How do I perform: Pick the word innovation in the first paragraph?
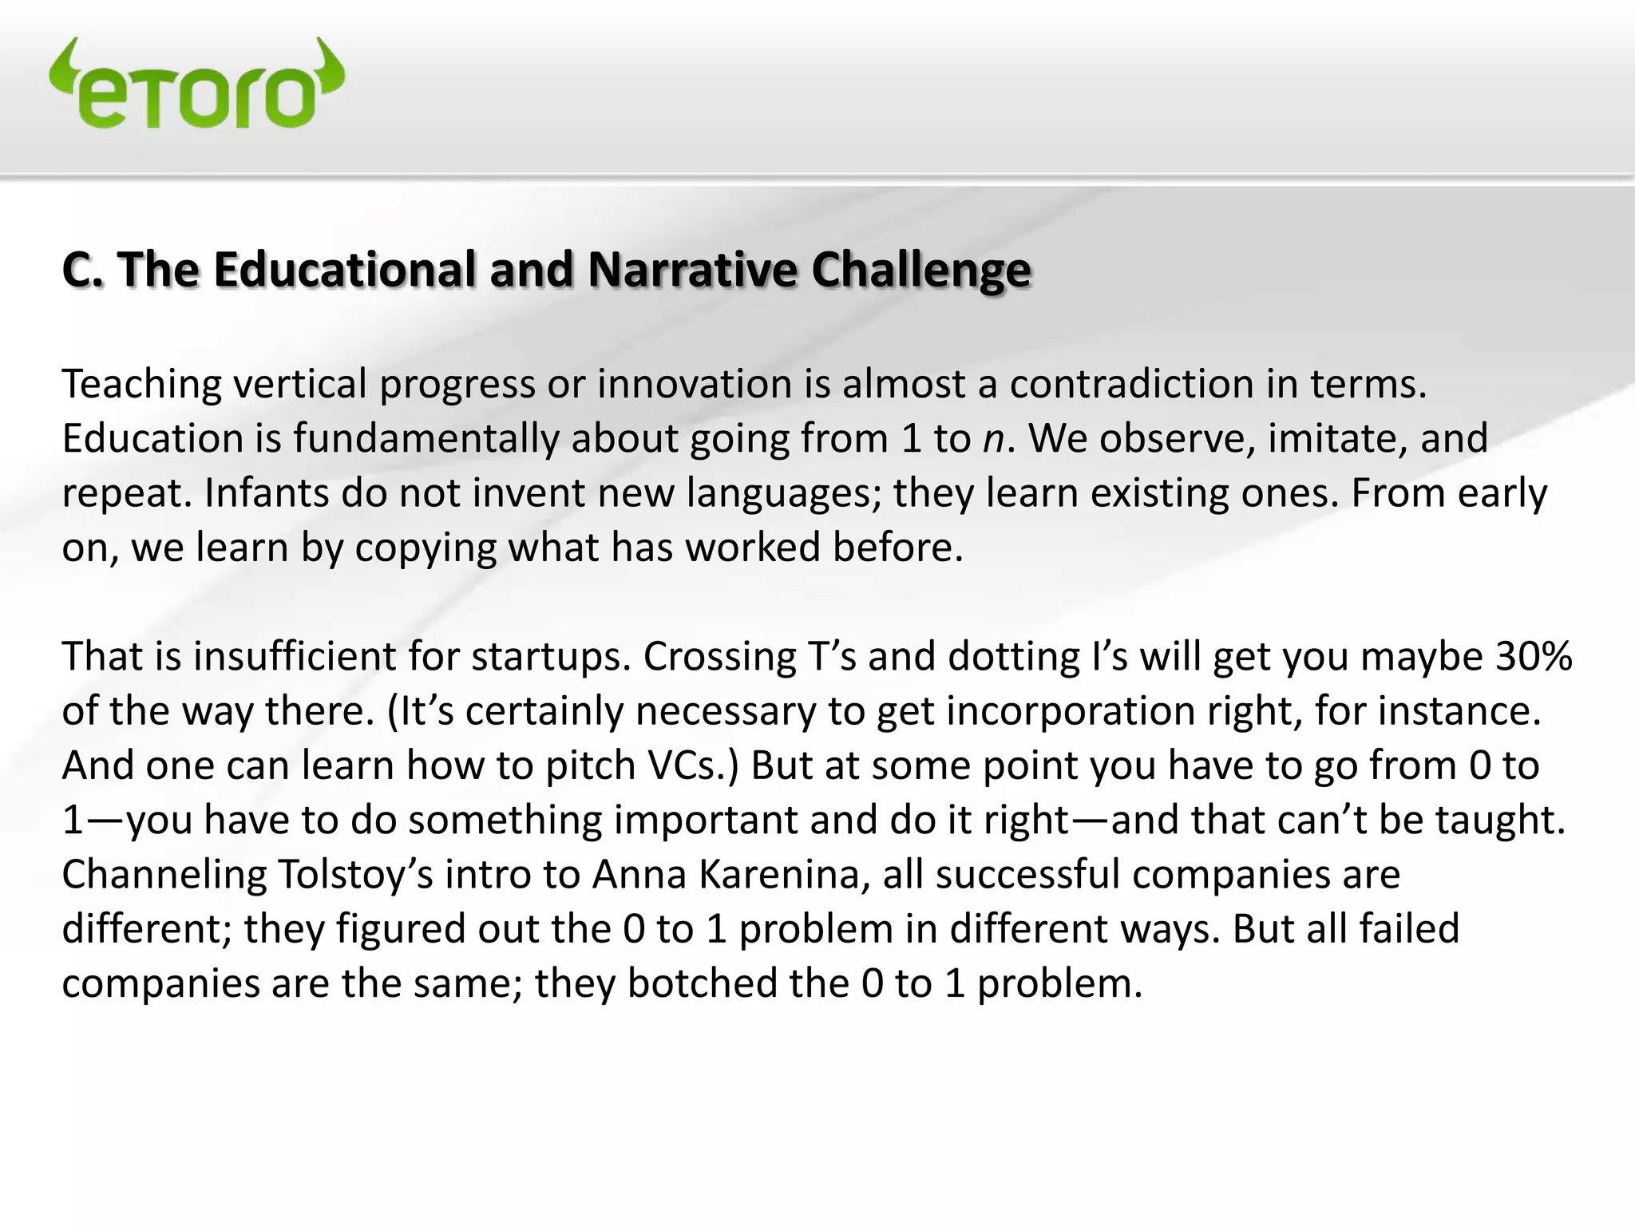pyautogui.click(x=694, y=384)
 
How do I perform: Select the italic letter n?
pyautogui.click(x=993, y=440)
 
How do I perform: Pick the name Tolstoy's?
pyautogui.click(x=355, y=875)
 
